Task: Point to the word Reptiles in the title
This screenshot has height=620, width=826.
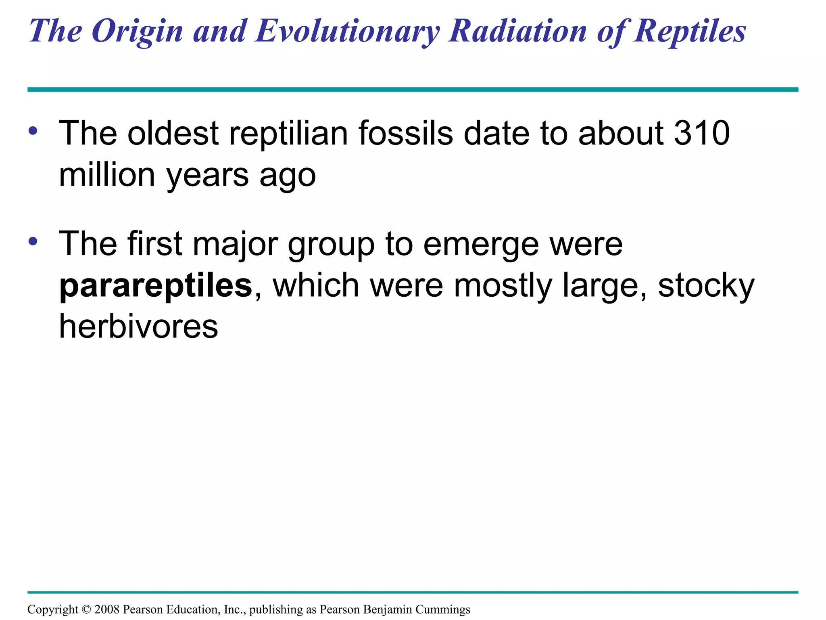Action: coord(690,31)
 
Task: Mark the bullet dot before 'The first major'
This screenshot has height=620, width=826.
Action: coord(33,241)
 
